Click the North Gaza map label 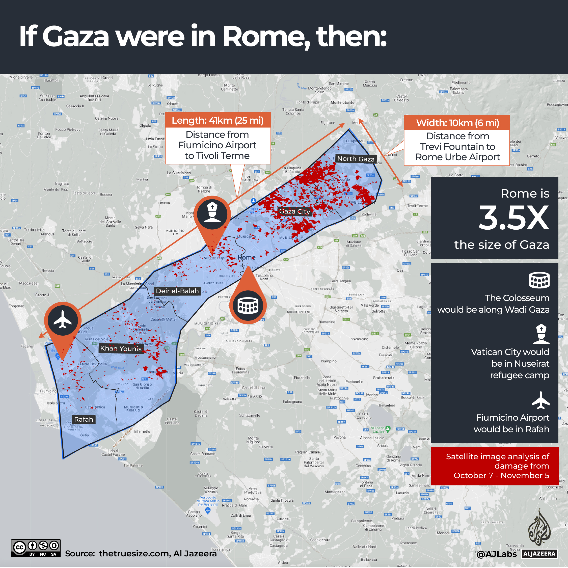point(356,159)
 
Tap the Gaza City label point(294,211)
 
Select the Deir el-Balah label point(177,291)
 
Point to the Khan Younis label point(121,348)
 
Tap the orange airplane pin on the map point(63,320)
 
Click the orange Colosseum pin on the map point(248,306)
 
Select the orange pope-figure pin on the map point(212,214)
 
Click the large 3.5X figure point(513,218)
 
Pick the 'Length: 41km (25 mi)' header point(218,120)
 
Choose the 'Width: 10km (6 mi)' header point(457,123)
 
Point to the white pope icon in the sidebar point(541,334)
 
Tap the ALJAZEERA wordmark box point(539,554)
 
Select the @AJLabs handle point(497,554)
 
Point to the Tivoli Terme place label point(417,206)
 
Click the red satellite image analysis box point(495,466)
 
